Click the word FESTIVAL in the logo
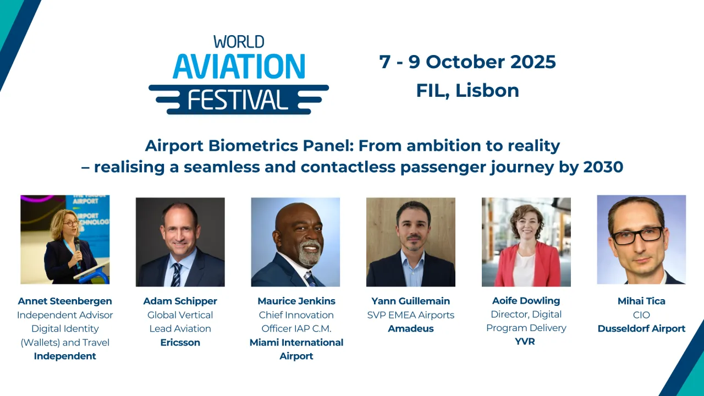[x=239, y=100]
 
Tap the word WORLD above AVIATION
[x=239, y=42]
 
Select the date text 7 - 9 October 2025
[x=468, y=62]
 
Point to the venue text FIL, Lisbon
[x=468, y=90]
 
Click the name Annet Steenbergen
[x=65, y=301]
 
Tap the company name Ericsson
[x=180, y=342]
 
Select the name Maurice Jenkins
[x=296, y=301]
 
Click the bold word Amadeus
[x=411, y=328]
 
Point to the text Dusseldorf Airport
[x=641, y=328]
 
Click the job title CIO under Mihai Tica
[x=641, y=315]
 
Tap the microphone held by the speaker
[x=77, y=246]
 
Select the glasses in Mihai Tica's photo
[x=637, y=235]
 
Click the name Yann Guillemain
[x=411, y=301]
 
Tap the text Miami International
[x=296, y=342]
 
